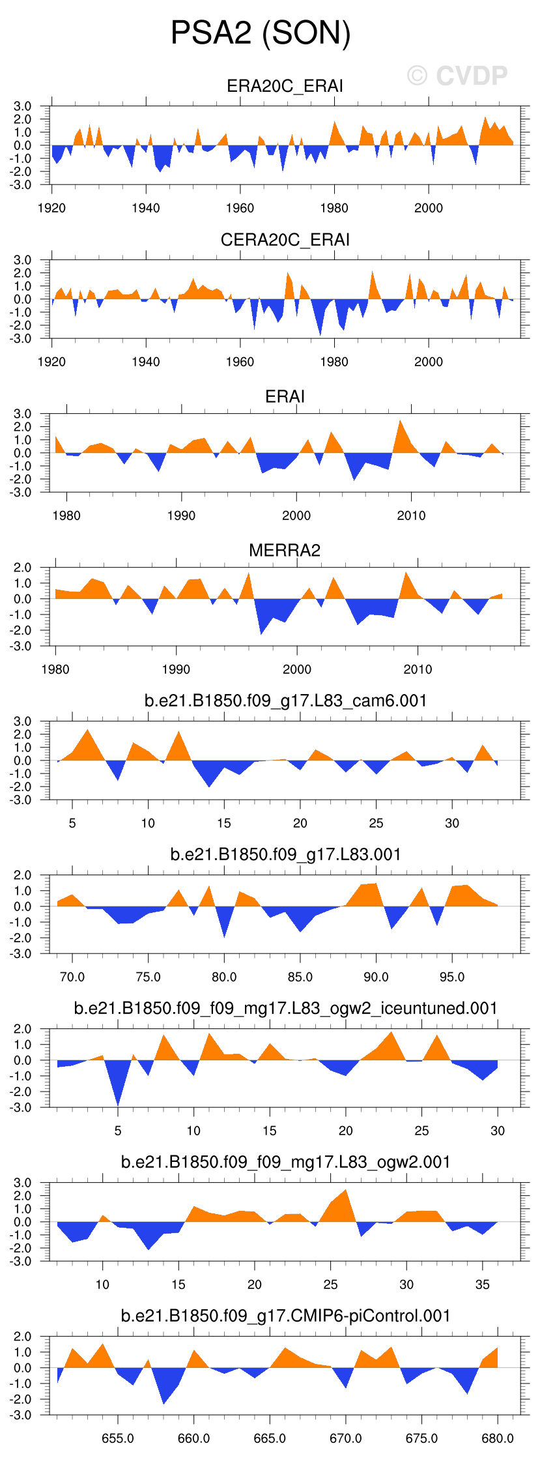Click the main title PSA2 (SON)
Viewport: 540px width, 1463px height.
(x=261, y=33)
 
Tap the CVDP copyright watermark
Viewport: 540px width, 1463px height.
(x=457, y=76)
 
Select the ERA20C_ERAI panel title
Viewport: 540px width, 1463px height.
(x=285, y=86)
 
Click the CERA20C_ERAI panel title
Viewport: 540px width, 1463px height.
(x=285, y=240)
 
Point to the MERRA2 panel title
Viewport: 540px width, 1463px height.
(x=285, y=550)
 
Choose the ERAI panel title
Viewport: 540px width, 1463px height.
(x=285, y=396)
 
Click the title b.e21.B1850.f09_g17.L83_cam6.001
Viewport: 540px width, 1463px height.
(x=285, y=701)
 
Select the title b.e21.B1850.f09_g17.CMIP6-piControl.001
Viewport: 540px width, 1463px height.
(x=285, y=1316)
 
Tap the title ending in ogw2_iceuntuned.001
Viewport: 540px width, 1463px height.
(x=285, y=1008)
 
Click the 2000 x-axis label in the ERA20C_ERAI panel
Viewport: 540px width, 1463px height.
(x=428, y=208)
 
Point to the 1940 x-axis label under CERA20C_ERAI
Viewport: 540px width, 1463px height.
(x=145, y=362)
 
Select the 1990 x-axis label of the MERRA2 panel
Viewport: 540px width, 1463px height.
(x=176, y=669)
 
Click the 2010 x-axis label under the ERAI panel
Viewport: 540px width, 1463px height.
(x=411, y=515)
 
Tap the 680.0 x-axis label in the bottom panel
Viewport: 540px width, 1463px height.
(x=497, y=1438)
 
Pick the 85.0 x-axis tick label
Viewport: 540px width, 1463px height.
(x=300, y=977)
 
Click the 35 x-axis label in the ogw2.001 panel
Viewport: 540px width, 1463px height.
(x=482, y=1284)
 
